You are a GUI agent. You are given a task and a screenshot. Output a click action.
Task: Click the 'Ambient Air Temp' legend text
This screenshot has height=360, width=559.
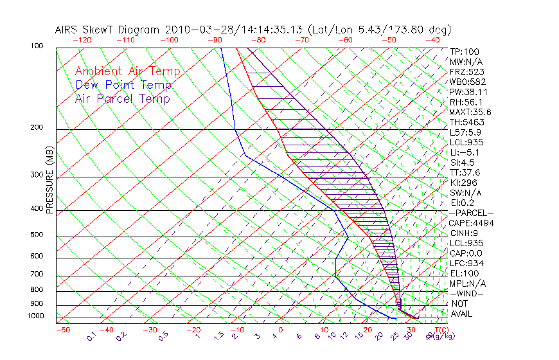point(128,71)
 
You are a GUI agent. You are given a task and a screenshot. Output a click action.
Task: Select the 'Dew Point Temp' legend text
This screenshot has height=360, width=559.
point(123,85)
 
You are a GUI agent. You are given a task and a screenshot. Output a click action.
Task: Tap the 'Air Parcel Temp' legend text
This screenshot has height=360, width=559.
point(123,98)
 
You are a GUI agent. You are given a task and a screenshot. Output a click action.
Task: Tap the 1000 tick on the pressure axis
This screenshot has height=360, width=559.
point(37,316)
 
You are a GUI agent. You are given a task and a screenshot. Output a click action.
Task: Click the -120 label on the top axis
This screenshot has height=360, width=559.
point(82,40)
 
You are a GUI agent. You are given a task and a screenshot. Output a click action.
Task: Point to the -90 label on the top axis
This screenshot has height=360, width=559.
point(214,40)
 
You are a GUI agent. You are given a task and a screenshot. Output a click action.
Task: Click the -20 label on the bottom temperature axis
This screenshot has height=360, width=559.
point(193,330)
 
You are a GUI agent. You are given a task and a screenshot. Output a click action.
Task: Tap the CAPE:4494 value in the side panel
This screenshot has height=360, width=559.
point(471,223)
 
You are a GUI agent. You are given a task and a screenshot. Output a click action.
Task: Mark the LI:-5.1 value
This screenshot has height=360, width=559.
point(465,152)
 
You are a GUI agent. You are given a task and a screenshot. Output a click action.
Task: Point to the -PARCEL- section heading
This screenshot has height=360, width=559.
point(471,213)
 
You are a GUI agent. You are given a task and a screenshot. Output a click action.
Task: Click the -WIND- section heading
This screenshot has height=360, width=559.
point(467,293)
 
